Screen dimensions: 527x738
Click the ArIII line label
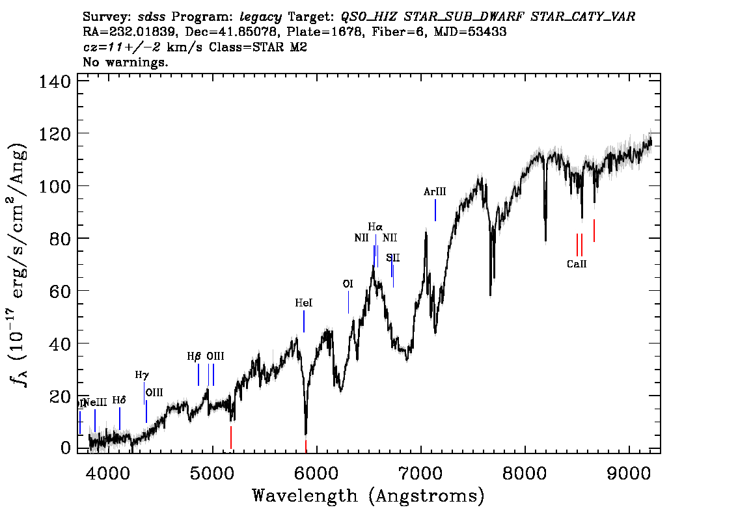pyautogui.click(x=435, y=192)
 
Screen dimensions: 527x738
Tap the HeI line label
pyautogui.click(x=304, y=303)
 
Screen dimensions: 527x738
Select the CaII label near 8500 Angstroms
pyautogui.click(x=577, y=264)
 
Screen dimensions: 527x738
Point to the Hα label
pyautogui.click(x=376, y=227)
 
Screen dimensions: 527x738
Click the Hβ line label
pyautogui.click(x=194, y=357)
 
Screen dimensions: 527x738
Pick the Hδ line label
pyautogui.click(x=118, y=400)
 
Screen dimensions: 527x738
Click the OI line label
pyautogui.click(x=348, y=284)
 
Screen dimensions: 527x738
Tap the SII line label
pyautogui.click(x=392, y=258)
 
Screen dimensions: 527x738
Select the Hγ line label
pyautogui.click(x=142, y=375)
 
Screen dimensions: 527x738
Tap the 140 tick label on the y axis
pyautogui.click(x=55, y=82)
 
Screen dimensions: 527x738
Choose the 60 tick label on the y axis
pyautogui.click(x=61, y=291)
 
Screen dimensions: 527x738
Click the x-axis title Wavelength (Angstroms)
pyautogui.click(x=368, y=496)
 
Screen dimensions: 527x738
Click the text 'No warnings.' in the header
pyautogui.click(x=126, y=62)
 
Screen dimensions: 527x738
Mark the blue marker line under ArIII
pyautogui.click(x=435, y=210)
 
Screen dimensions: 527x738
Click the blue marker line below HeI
pyautogui.click(x=304, y=321)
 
